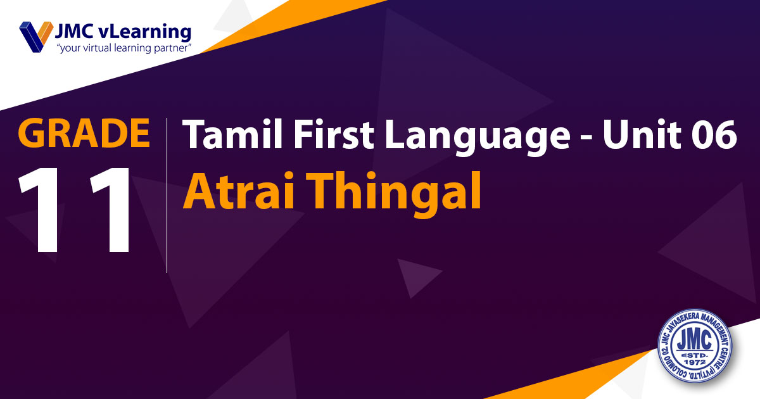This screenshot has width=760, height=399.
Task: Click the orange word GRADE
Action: tap(84, 132)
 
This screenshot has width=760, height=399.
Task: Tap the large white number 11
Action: tap(75, 210)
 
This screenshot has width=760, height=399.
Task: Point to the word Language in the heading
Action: tap(477, 137)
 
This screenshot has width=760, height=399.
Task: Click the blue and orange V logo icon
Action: tap(36, 37)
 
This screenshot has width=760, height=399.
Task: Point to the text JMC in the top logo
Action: tap(74, 32)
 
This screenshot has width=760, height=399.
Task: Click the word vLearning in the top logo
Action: tap(144, 33)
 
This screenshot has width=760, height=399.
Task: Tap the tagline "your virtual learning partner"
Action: tap(125, 48)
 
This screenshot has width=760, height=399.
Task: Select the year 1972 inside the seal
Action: tap(695, 363)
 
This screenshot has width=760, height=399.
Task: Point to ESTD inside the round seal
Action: tap(695, 355)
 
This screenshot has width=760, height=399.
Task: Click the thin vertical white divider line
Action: tap(167, 195)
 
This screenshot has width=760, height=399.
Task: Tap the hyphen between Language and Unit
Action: tap(586, 137)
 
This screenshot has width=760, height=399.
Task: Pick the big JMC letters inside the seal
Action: tap(695, 339)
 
